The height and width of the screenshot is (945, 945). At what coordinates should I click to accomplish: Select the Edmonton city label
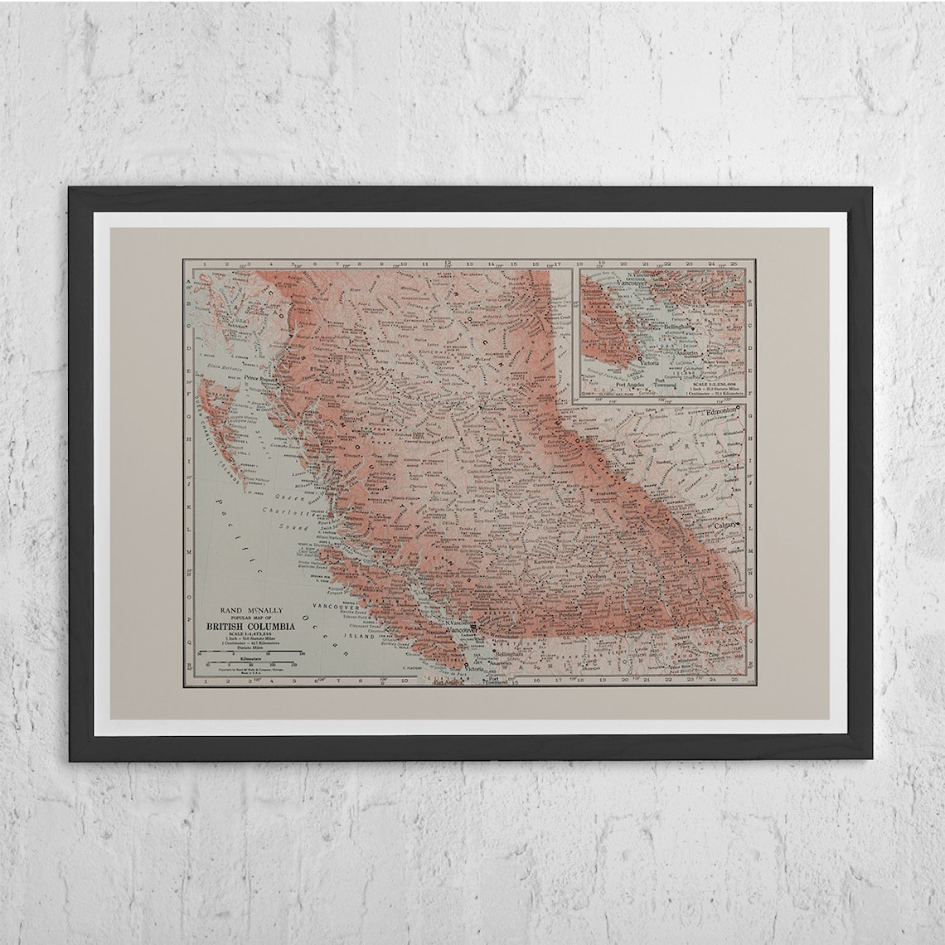point(715,411)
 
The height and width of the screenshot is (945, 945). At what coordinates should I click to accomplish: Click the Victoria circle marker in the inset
point(639,358)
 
